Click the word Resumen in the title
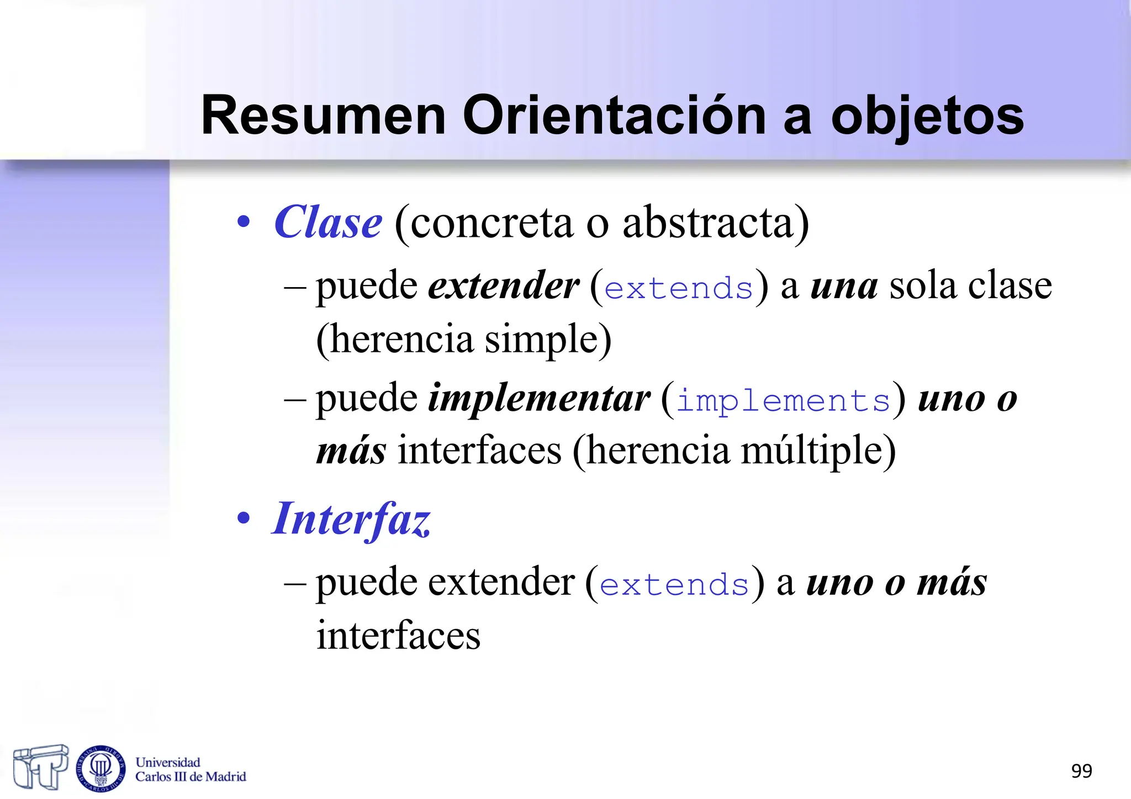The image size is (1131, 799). [x=323, y=115]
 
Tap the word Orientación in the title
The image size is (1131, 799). [x=615, y=115]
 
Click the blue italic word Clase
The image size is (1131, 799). [x=328, y=223]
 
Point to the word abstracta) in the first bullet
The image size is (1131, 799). [x=716, y=223]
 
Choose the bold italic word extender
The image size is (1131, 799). [x=504, y=286]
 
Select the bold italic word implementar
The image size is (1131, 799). [x=539, y=399]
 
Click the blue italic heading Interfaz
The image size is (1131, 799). [x=351, y=520]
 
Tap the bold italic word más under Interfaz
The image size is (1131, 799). [x=952, y=583]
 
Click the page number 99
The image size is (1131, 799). [x=1081, y=771]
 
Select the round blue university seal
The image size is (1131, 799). [x=101, y=768]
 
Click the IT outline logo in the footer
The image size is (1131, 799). [x=40, y=767]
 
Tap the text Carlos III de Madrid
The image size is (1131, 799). [x=191, y=777]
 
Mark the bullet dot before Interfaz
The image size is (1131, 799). [x=244, y=519]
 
